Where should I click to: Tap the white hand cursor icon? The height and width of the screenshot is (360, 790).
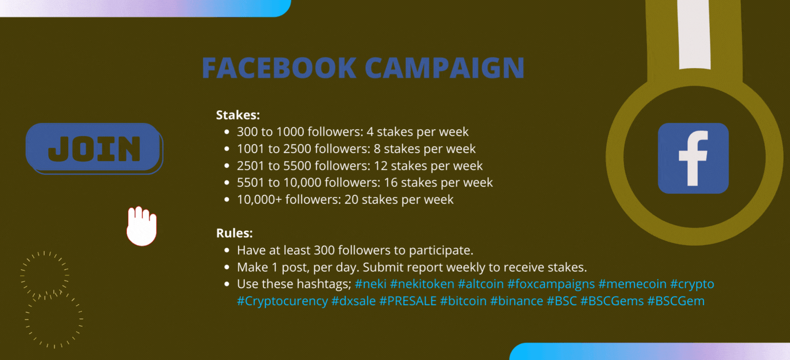pyautogui.click(x=142, y=226)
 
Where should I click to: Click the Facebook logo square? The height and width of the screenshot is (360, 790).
pyautogui.click(x=694, y=158)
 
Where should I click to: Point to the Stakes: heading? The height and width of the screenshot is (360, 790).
pyautogui.click(x=238, y=115)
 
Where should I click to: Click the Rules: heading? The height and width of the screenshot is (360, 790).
pyautogui.click(x=234, y=233)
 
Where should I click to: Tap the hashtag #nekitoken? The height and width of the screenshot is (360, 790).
pyautogui.click(x=422, y=284)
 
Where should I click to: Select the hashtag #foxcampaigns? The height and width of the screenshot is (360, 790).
pyautogui.click(x=551, y=284)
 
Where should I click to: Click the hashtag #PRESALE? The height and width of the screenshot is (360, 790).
pyautogui.click(x=408, y=301)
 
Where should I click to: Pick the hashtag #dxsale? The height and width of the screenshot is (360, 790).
pyautogui.click(x=353, y=301)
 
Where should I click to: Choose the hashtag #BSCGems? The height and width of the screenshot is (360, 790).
pyautogui.click(x=612, y=301)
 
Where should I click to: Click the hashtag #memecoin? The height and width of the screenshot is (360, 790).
pyautogui.click(x=633, y=284)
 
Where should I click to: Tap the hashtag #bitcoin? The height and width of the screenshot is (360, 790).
pyautogui.click(x=463, y=301)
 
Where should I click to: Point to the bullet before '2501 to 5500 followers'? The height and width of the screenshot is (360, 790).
pyautogui.click(x=227, y=166)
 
